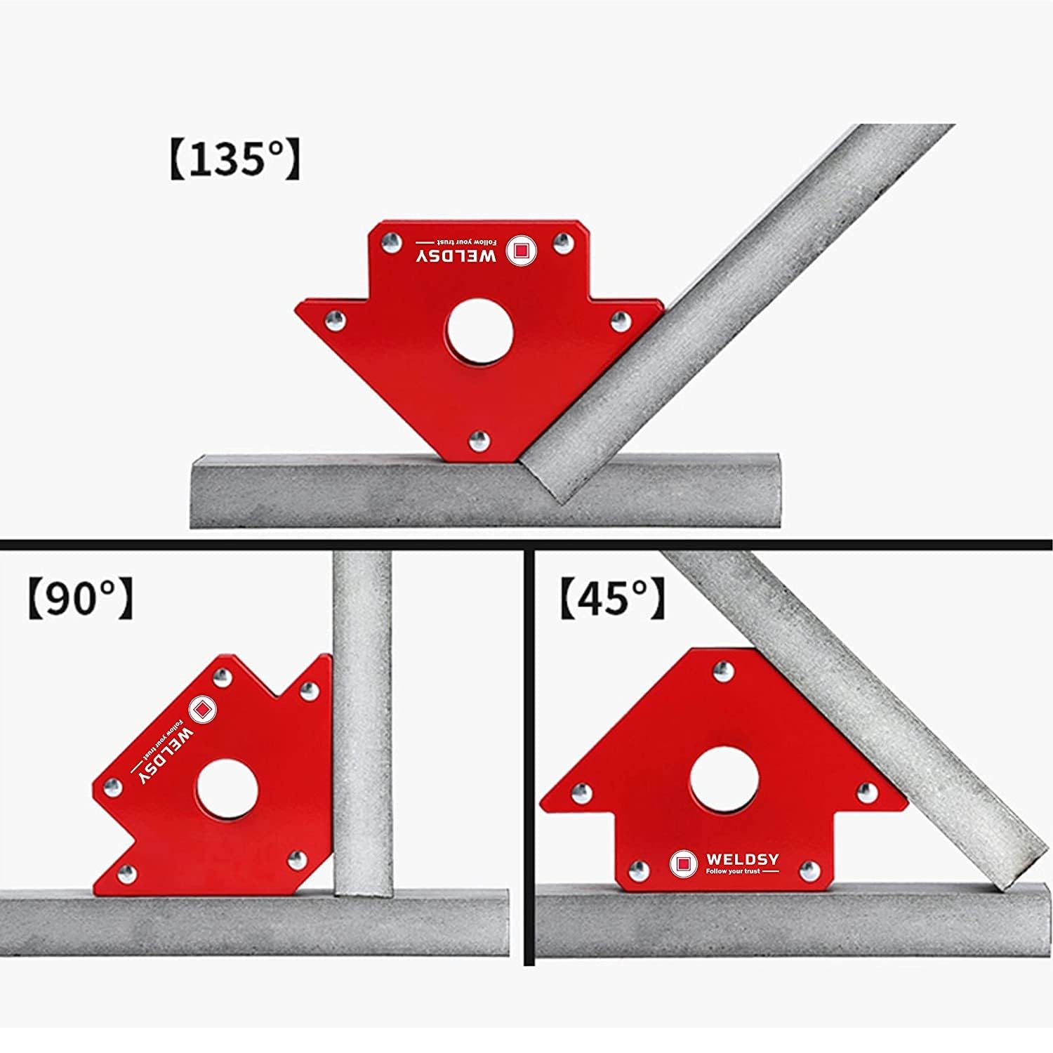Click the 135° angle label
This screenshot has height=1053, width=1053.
pyautogui.click(x=234, y=160)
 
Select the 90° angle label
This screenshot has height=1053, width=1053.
pyautogui.click(x=81, y=598)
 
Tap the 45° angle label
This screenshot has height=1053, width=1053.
pyautogui.click(x=613, y=598)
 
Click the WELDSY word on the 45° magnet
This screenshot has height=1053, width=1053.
pyautogui.click(x=742, y=859)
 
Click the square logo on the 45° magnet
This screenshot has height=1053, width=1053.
pyautogui.click(x=683, y=863)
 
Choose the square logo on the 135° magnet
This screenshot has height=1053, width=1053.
pyautogui.click(x=521, y=250)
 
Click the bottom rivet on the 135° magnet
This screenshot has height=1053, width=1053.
pyautogui.click(x=479, y=440)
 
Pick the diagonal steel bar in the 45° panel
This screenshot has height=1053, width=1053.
pyautogui.click(x=853, y=716)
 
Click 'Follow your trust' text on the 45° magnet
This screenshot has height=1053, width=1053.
pyautogui.click(x=733, y=871)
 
